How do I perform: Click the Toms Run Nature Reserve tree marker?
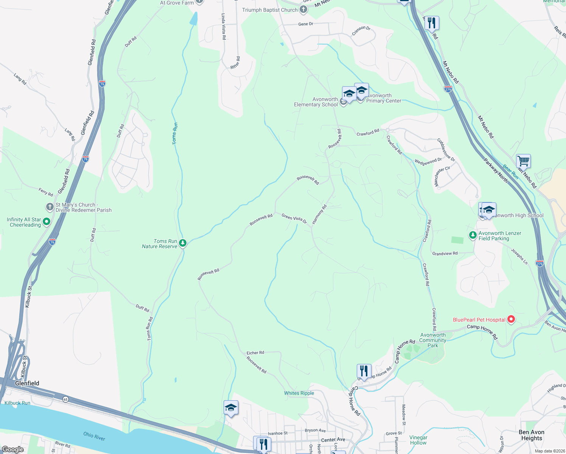click(x=183, y=243)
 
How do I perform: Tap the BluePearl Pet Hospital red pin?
click(x=511, y=319)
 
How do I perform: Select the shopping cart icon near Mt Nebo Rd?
click(x=523, y=161)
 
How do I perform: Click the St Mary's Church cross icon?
click(x=50, y=207)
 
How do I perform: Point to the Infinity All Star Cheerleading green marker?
click(x=47, y=222)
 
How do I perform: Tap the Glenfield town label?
click(x=27, y=383)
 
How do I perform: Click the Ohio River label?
click(x=94, y=436)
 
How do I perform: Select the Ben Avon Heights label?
click(x=531, y=435)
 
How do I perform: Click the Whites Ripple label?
click(x=299, y=393)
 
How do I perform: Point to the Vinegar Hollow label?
click(x=418, y=440)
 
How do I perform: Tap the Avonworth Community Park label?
click(x=433, y=340)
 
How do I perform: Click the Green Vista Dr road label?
click(x=294, y=218)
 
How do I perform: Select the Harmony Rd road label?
click(x=319, y=215)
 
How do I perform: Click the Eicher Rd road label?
click(x=255, y=353)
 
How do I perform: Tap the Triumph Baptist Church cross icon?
click(x=303, y=10)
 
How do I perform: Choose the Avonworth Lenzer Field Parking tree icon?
click(x=473, y=235)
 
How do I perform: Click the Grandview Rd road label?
click(x=445, y=253)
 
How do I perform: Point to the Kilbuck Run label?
click(x=17, y=403)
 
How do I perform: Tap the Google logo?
click(x=13, y=449)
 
